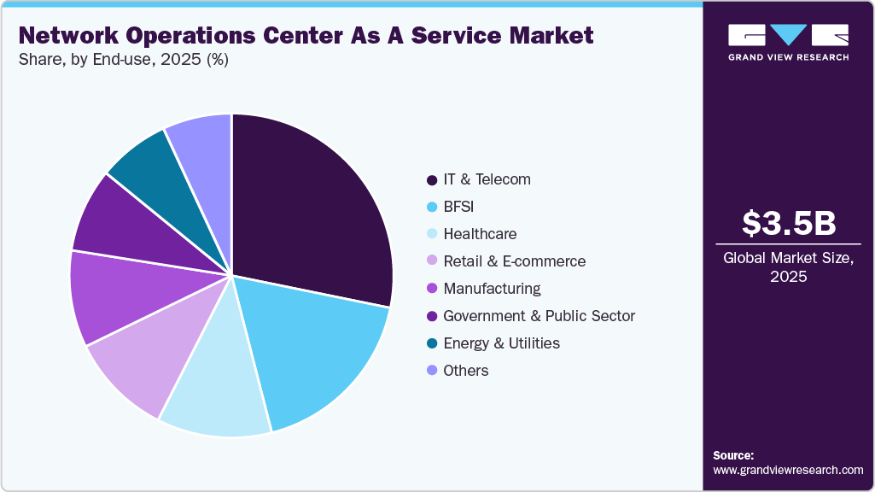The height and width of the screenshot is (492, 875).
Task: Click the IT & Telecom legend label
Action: click(x=487, y=179)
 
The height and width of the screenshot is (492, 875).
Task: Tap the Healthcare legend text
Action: click(x=480, y=234)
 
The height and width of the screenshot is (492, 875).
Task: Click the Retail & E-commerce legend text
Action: click(x=514, y=261)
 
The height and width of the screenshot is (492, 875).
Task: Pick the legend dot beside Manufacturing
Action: click(x=432, y=289)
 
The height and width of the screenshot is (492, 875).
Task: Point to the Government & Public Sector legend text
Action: click(x=539, y=316)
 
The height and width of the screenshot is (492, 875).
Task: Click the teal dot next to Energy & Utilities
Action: click(x=432, y=343)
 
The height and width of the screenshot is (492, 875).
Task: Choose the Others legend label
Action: click(x=466, y=371)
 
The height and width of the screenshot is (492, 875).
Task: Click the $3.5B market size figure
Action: click(x=788, y=223)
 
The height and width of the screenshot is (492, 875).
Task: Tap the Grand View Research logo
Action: click(x=788, y=42)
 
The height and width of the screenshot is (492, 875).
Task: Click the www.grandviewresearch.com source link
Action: click(x=788, y=471)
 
